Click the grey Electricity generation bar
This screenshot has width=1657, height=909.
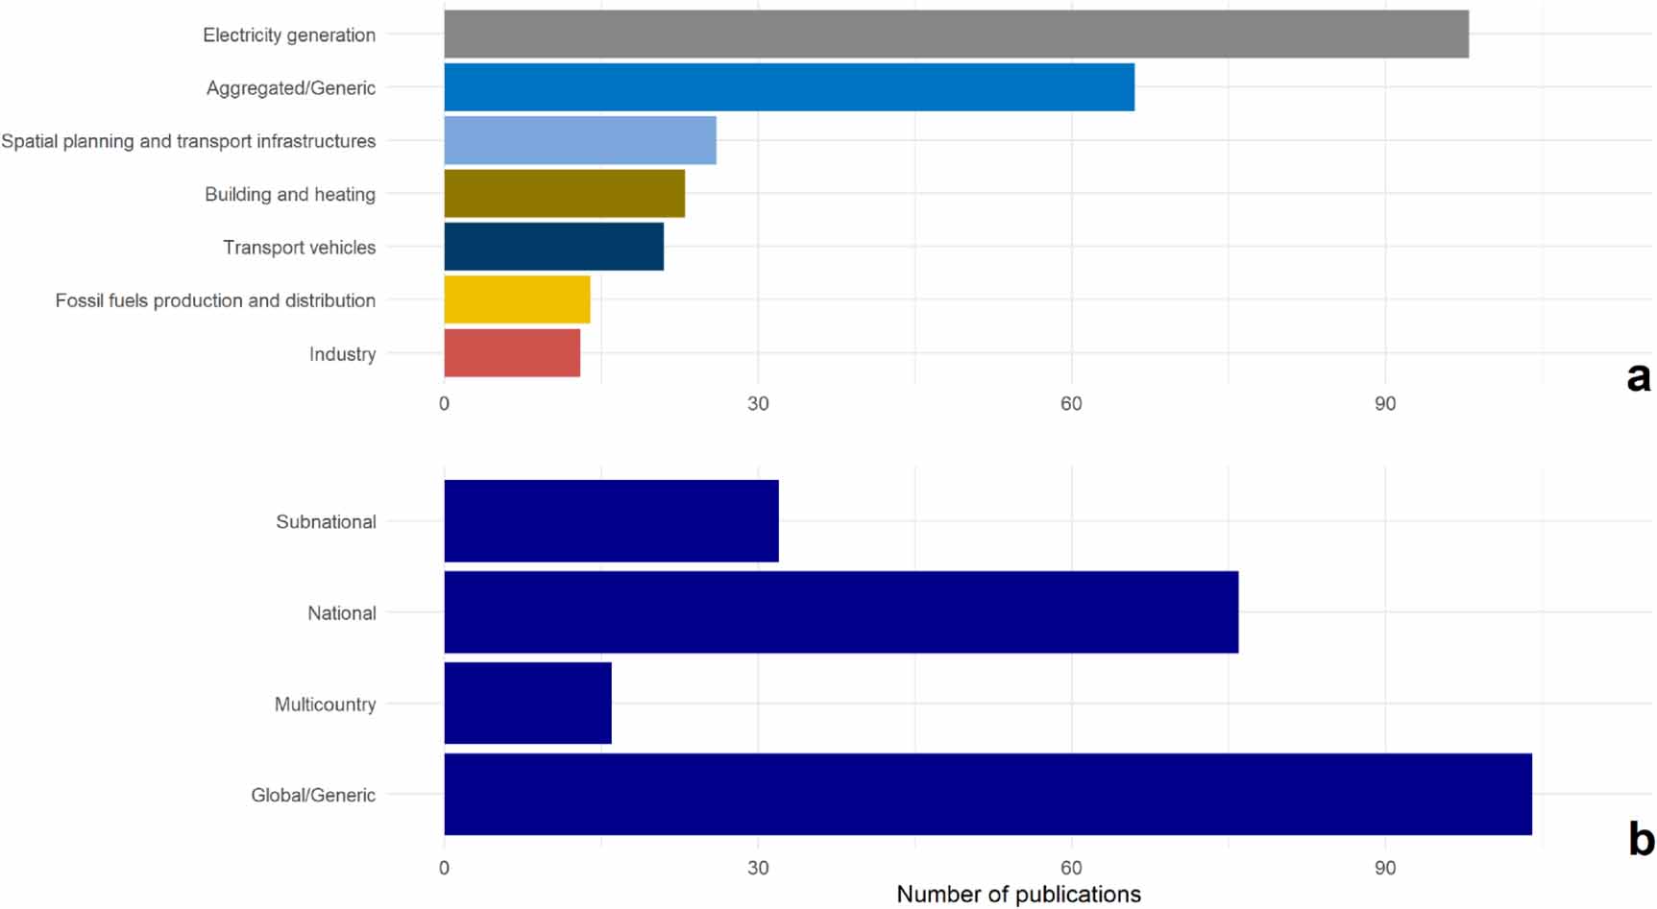pos(956,35)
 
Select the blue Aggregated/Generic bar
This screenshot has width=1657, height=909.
pos(789,87)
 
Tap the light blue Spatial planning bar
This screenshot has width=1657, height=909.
pos(580,140)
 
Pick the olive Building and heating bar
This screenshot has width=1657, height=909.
pos(564,194)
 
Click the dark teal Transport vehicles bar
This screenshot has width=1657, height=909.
pos(553,247)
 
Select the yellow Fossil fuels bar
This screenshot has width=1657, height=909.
pos(517,299)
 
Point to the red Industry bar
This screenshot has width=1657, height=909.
pos(512,353)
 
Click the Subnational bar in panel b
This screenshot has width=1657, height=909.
pos(611,521)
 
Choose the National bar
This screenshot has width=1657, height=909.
pos(841,612)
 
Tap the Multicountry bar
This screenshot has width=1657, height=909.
pos(527,704)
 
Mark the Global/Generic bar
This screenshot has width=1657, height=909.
pos(987,795)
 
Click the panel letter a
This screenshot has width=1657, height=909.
pos(1638,376)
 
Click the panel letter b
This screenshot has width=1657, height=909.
pos(1641,840)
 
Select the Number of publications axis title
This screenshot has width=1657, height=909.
pos(1018,895)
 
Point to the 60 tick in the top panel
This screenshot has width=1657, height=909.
pos(1071,404)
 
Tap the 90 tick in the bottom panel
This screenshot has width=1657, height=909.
pos(1384,869)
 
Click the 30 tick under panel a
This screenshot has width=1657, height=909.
pos(758,404)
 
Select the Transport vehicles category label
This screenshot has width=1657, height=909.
pos(299,248)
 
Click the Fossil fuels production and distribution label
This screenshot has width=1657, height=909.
pos(215,300)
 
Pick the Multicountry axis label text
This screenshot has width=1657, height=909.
pos(325,705)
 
